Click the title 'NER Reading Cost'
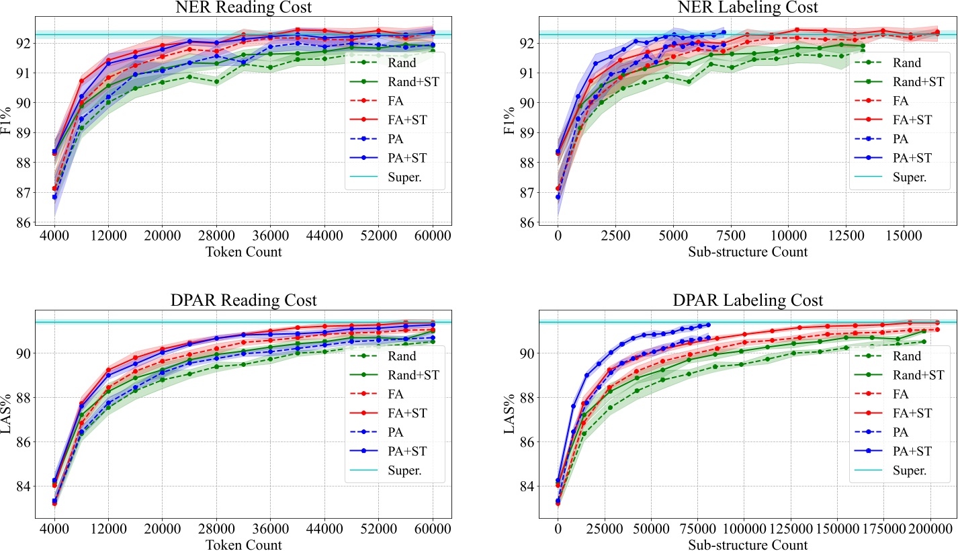tap(243, 8)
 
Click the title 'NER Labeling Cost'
tap(746, 8)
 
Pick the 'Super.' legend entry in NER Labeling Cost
tap(912, 177)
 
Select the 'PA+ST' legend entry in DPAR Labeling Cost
tap(912, 452)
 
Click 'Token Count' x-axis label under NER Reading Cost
tap(243, 252)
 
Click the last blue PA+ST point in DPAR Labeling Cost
tap(707, 325)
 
